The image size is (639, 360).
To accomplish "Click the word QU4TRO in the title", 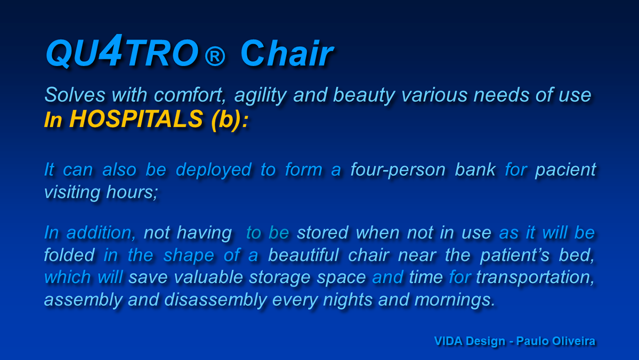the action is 122,51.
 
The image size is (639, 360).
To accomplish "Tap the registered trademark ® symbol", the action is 215,56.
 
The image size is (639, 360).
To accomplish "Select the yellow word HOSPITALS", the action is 136,119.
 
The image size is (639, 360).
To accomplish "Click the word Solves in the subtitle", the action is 75,95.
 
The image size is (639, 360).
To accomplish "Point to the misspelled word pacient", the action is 566,170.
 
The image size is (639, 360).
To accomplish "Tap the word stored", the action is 323,233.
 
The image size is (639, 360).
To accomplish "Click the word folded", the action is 69,255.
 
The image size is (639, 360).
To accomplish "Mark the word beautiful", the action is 304,255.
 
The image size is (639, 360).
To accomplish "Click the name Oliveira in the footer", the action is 574,341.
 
